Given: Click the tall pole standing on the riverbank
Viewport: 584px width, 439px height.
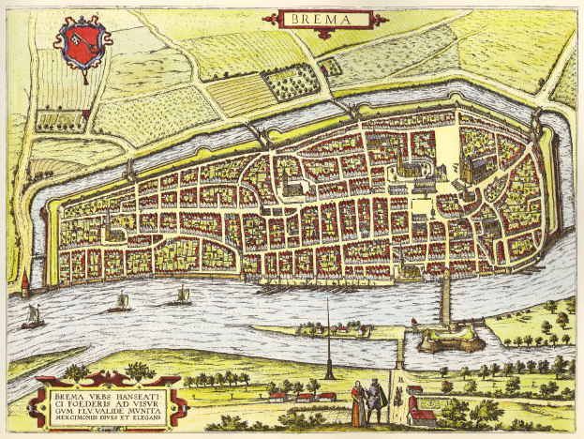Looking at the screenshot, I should [x=328, y=338].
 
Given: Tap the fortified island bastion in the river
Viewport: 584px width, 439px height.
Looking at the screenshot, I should [x=439, y=340].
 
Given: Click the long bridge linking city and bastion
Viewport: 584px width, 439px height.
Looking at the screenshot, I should [x=446, y=299].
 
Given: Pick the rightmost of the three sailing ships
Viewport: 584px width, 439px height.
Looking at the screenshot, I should [x=180, y=296].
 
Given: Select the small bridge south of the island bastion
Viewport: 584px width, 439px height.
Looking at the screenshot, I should [x=400, y=353].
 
